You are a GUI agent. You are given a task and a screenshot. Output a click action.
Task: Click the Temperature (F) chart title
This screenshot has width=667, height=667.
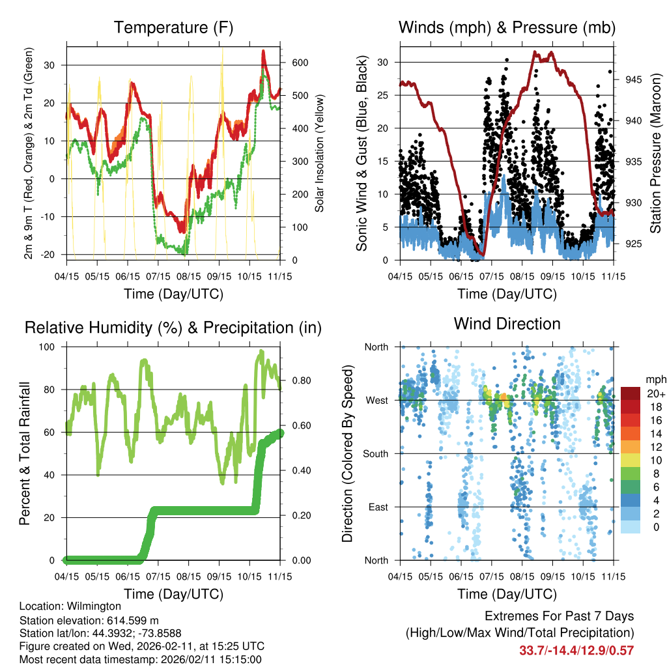173,28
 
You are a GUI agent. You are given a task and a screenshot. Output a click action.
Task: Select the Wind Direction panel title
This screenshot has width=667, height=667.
507,324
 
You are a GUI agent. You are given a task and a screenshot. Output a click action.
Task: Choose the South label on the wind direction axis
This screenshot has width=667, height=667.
376,453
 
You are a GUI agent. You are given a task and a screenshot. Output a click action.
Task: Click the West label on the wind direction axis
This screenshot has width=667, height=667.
377,400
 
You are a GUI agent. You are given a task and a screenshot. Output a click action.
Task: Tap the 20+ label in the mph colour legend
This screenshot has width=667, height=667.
655,394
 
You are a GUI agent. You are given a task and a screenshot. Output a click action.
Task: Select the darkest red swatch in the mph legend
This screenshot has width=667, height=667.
631,394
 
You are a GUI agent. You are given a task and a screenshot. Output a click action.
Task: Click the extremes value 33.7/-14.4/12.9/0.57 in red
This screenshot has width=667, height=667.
576,650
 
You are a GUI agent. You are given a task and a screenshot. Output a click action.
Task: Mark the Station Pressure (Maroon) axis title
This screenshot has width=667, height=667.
656,153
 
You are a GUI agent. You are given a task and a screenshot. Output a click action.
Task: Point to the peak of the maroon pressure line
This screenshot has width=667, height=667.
535,52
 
